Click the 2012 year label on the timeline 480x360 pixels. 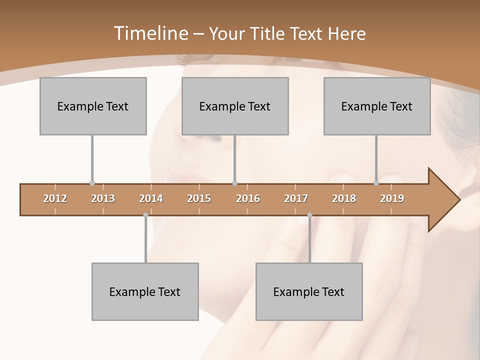pos(55,198)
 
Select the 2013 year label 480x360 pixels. pos(103,198)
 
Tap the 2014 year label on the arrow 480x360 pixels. pos(151,198)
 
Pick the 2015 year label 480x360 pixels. pos(199,198)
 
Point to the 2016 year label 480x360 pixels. pos(248,198)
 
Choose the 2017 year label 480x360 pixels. pos(296,198)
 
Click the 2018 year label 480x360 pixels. pos(344,198)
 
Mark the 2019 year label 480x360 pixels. pos(392,198)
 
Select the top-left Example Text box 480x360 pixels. pos(93,106)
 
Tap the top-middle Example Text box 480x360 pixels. pos(235,106)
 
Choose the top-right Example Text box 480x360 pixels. pos(377,106)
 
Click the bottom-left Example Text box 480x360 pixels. pos(145,291)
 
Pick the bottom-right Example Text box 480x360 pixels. pos(309,291)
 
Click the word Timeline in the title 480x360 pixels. pos(150,33)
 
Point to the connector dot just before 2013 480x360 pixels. pos(92,183)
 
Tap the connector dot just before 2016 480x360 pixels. pos(235,183)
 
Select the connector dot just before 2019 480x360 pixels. pos(376,183)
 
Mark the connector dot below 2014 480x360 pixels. pos(145,215)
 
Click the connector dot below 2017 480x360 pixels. pos(309,215)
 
